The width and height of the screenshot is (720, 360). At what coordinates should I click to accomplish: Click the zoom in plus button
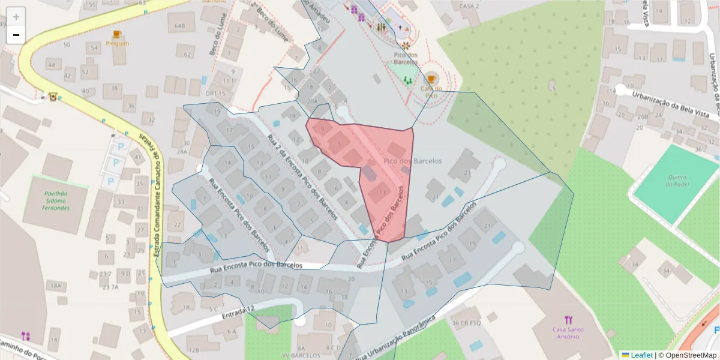pyautogui.click(x=16, y=17)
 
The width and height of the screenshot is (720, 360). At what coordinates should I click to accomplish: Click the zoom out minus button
pyautogui.click(x=16, y=35)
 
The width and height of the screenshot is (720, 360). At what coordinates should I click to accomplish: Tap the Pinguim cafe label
pyautogui.click(x=117, y=43)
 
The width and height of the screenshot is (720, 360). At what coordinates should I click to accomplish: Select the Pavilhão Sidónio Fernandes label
pyautogui.click(x=56, y=201)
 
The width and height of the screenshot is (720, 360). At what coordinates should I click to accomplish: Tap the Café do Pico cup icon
pyautogui.click(x=431, y=79)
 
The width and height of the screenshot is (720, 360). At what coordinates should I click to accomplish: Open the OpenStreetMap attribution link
pyautogui.click(x=688, y=355)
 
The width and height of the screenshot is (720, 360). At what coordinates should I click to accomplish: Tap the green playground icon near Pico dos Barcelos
pyautogui.click(x=408, y=79)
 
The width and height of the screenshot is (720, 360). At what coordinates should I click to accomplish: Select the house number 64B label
pyautogui.click(x=179, y=26)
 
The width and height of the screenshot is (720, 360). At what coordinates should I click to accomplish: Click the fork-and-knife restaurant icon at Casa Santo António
pyautogui.click(x=568, y=320)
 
